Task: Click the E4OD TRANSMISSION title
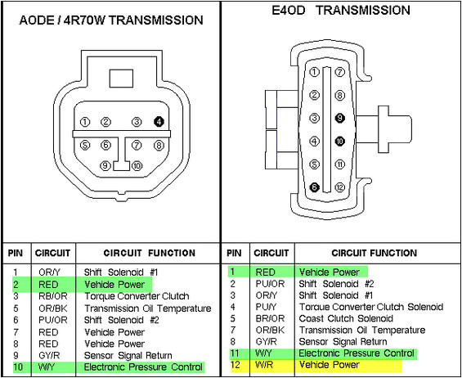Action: click(x=339, y=11)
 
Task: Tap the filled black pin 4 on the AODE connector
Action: click(x=159, y=122)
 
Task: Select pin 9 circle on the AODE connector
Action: click(x=105, y=165)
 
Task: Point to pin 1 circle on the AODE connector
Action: click(x=85, y=123)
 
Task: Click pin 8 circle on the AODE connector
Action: click(x=159, y=145)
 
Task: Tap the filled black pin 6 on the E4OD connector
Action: click(x=313, y=187)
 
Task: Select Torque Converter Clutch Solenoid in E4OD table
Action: click(x=370, y=307)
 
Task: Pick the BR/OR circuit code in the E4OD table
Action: click(x=265, y=319)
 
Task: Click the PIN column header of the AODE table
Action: click(x=14, y=253)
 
